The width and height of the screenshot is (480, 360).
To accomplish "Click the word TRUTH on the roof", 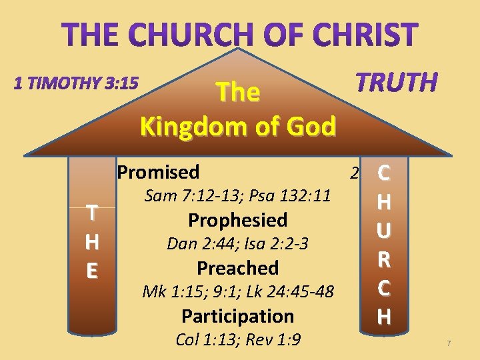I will tap(397, 83).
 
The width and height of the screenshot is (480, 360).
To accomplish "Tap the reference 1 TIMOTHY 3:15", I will tap(76, 84).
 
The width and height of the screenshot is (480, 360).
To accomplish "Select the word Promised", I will tap(158, 172).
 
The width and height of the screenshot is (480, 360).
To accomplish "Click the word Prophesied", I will tap(237, 220).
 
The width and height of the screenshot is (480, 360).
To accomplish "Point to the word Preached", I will tap(237, 268).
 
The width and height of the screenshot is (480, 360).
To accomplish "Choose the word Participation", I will tap(237, 316).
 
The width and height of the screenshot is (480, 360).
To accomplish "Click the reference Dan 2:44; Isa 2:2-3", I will tap(237, 244).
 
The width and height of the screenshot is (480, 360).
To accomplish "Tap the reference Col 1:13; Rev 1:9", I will tap(237, 340).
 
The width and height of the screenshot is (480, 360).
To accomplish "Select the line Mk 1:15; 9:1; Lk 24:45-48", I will tap(237, 292).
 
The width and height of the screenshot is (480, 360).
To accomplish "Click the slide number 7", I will tap(449, 343).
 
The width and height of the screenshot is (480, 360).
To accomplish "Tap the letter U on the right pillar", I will tap(383, 231).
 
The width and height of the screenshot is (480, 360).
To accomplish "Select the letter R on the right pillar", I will tap(383, 259).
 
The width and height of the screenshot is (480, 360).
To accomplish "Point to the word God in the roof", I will tap(310, 125).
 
